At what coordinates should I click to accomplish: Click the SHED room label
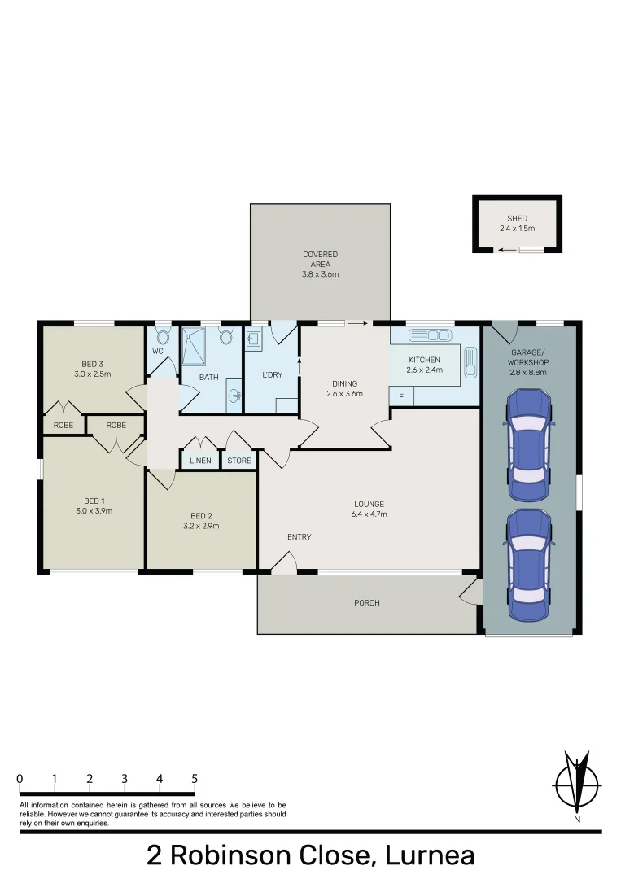(517, 218)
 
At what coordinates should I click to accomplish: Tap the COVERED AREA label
(320, 255)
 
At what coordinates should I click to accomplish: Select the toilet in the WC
(162, 336)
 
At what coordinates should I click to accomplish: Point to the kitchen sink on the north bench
(430, 335)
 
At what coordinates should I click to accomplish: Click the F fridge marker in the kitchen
(400, 396)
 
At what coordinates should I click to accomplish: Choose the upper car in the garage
(529, 445)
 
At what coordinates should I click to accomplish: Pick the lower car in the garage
(529, 566)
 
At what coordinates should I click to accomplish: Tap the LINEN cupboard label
(200, 461)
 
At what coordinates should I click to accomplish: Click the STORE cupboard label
(239, 461)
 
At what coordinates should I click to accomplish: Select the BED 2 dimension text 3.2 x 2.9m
(205, 526)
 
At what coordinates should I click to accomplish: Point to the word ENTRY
(299, 537)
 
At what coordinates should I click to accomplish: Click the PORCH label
(366, 603)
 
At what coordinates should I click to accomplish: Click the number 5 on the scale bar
(195, 779)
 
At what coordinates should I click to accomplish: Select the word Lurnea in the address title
(429, 855)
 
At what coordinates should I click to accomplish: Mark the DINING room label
(344, 383)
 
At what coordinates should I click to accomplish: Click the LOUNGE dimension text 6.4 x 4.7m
(369, 514)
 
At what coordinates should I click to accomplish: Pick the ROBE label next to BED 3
(63, 425)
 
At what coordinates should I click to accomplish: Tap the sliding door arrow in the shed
(508, 250)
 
